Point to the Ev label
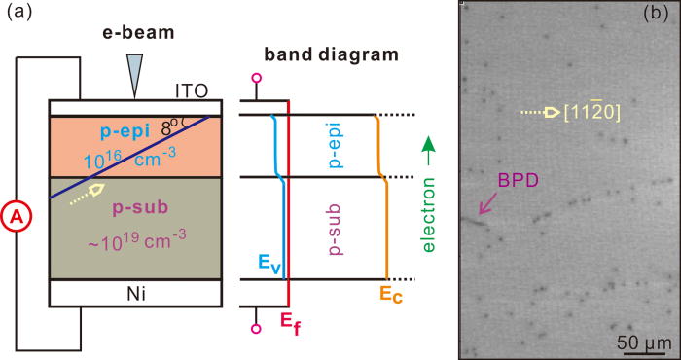tap(269, 262)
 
